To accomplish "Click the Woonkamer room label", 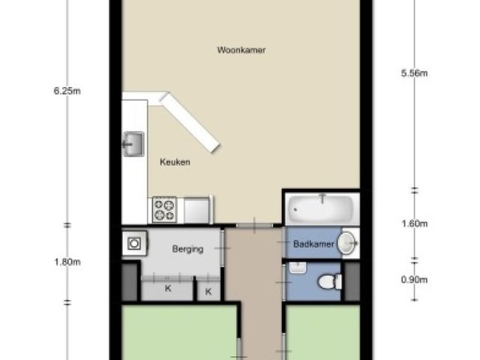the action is coord(241,50).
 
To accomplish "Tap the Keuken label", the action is coord(175,162).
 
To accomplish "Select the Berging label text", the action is coord(187,249).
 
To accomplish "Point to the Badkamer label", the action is coord(313,244).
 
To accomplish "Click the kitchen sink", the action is coord(133,144).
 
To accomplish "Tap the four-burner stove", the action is coord(164,210).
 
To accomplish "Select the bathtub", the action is coord(321,208).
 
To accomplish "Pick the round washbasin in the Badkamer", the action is coord(346,243).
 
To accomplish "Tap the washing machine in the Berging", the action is coord(134,243).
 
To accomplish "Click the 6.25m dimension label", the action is coord(67,91).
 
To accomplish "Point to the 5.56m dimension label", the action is coord(414,73).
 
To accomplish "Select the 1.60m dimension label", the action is coord(414,223).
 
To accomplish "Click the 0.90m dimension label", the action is coord(414,280).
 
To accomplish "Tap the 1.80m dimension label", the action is coord(67,262).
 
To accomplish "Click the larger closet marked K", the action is coord(167,288).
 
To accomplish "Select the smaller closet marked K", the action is coord(208,290).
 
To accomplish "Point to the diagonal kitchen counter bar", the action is coord(190,123).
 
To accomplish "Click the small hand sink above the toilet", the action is coord(297,268).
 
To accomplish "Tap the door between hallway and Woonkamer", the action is coord(254,225).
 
